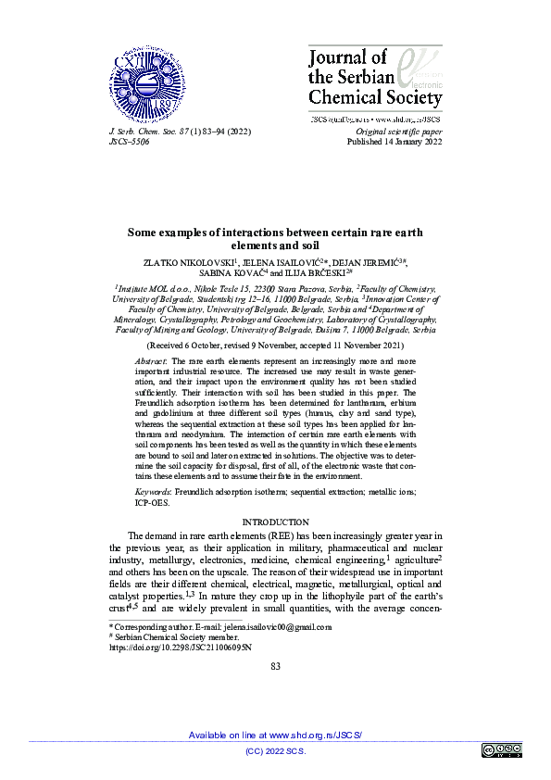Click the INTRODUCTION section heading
[x=275, y=522]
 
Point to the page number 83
[x=275, y=666]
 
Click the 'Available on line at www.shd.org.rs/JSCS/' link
[x=275, y=735]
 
